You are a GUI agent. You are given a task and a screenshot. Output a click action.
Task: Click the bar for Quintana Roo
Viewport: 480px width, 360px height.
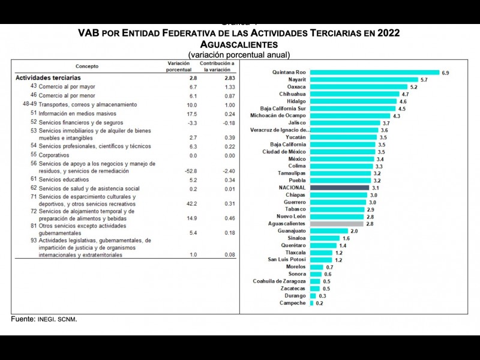pyautogui.click(x=374, y=73)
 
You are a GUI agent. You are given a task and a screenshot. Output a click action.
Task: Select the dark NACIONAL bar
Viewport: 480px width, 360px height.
pyautogui.click(x=339, y=187)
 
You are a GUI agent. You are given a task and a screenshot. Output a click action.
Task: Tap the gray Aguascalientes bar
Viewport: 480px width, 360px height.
pyautogui.click(x=337, y=223)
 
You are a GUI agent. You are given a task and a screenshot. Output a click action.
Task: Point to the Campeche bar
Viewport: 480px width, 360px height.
pyautogui.click(x=311, y=303)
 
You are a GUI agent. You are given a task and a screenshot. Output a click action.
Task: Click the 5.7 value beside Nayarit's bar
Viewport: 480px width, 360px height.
pyautogui.click(x=424, y=80)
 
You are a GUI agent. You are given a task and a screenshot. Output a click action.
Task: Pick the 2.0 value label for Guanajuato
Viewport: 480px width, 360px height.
pyautogui.click(x=354, y=231)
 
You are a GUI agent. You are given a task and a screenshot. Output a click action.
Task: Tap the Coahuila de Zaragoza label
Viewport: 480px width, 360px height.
pyautogui.click(x=279, y=281)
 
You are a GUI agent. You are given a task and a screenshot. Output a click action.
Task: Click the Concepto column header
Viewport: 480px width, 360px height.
pyautogui.click(x=87, y=66)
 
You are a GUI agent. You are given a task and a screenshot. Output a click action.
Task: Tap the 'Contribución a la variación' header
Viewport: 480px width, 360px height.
pyautogui.click(x=217, y=66)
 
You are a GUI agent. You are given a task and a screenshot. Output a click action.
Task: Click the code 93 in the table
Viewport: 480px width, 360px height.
pyautogui.click(x=34, y=240)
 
